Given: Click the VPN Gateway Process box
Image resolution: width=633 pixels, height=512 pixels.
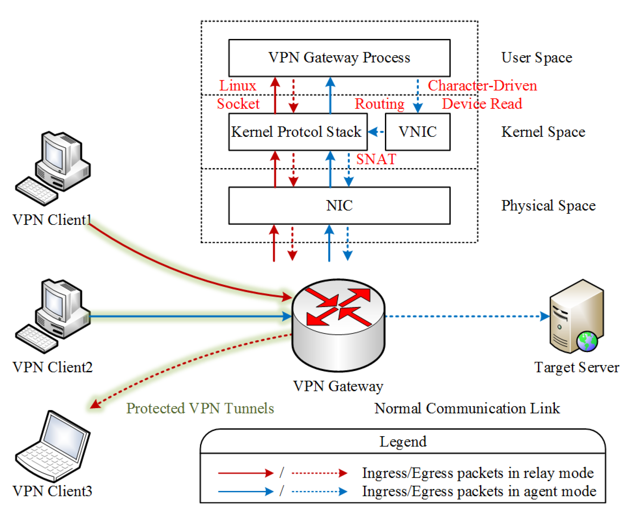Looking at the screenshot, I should pyautogui.click(x=339, y=58).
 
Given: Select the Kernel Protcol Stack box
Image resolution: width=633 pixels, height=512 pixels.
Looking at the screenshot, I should pyautogui.click(x=298, y=132).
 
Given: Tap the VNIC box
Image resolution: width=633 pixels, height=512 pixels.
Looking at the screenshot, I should pyautogui.click(x=417, y=132).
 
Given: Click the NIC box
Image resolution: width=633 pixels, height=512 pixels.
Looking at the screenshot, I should pyautogui.click(x=339, y=205).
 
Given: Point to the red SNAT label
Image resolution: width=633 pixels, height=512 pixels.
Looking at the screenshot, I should pyautogui.click(x=376, y=159).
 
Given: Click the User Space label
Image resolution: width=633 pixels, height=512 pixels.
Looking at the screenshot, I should pyautogui.click(x=536, y=58).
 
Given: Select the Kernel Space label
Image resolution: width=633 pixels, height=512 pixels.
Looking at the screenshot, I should pyautogui.click(x=543, y=132).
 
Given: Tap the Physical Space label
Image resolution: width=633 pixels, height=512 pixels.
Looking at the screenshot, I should pyautogui.click(x=548, y=205).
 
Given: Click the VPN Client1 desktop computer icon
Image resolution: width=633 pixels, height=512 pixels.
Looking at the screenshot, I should pyautogui.click(x=53, y=168).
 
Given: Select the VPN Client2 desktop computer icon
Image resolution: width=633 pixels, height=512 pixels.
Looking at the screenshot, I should pyautogui.click(x=53, y=316).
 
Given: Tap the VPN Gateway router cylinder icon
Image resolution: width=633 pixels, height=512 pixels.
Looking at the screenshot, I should pyautogui.click(x=338, y=325).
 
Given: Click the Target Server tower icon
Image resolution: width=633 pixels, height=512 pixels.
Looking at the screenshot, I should pyautogui.click(x=576, y=316).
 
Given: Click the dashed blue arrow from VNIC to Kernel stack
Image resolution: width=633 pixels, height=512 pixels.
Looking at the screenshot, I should pyautogui.click(x=376, y=132).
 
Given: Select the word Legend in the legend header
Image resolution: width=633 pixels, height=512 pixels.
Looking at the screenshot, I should pyautogui.click(x=403, y=441).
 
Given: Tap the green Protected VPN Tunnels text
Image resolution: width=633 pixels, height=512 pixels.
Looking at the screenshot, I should pyautogui.click(x=200, y=408).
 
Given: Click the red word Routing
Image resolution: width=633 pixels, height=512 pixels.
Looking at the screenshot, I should pyautogui.click(x=379, y=104).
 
